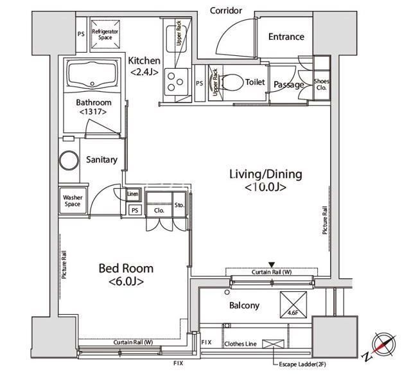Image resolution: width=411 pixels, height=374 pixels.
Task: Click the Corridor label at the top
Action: [x=225, y=10]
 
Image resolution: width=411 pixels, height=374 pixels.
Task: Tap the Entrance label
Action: [x=286, y=37]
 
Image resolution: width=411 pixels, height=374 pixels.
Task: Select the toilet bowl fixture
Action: [x=232, y=82]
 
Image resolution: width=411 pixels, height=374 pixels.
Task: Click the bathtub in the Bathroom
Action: [x=92, y=75]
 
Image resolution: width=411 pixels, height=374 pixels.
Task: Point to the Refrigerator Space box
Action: [x=105, y=34]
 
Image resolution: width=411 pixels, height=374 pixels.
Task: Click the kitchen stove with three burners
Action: [x=176, y=82]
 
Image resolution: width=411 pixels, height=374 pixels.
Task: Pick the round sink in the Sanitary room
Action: [x=69, y=160]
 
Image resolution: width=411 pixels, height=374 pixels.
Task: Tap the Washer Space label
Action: [x=73, y=200]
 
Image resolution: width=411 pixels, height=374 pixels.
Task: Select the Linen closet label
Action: [x=133, y=194]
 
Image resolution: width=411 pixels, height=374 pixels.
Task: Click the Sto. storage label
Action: [x=180, y=205]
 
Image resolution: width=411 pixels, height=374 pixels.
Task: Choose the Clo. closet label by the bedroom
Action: [x=159, y=210]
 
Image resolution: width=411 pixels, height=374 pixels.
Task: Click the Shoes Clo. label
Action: [x=322, y=84]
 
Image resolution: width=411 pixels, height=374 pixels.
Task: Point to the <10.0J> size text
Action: [x=265, y=187]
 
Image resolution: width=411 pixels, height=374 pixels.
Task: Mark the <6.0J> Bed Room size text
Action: [x=126, y=281]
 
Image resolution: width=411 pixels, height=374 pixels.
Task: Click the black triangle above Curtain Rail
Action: [x=272, y=264]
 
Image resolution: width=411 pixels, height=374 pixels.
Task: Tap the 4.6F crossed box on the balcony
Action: [x=293, y=305]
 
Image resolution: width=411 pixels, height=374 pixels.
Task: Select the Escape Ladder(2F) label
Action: [x=302, y=364]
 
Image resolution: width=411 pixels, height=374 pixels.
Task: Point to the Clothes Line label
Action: [x=240, y=344]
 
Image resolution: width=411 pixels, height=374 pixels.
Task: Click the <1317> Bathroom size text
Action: [x=93, y=112]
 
